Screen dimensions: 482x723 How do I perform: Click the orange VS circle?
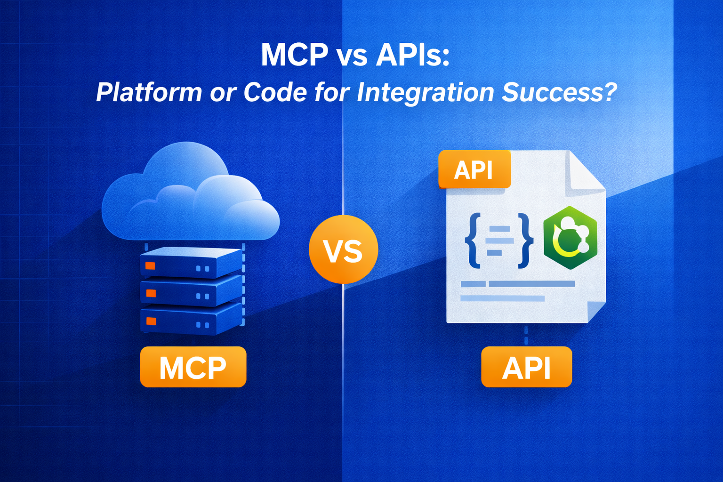coord(343,249)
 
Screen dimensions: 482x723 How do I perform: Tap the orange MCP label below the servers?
coord(193,367)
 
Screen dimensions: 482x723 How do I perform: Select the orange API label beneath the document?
coord(526,367)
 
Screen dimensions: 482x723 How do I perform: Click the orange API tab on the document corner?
coord(474,169)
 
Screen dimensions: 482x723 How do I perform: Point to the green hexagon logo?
coord(570,238)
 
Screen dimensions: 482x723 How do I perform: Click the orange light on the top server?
coord(150,266)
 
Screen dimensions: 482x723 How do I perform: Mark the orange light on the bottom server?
coord(151,321)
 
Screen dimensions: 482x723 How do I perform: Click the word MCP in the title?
coord(294,55)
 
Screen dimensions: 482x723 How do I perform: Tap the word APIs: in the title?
coord(413,55)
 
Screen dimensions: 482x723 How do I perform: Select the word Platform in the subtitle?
coord(149,92)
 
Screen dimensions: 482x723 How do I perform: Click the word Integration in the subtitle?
coord(425,92)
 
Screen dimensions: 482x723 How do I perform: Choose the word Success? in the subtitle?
coord(559,92)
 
